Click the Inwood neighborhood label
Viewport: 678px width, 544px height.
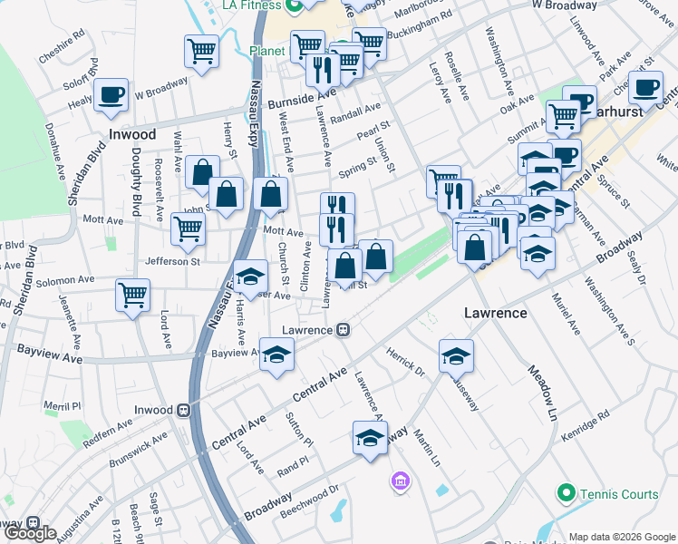pos(132,134)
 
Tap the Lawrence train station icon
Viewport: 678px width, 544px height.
pos(344,330)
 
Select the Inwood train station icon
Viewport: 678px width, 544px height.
pos(184,410)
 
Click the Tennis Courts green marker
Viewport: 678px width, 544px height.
pos(567,493)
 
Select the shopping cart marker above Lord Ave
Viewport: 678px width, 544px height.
pos(132,295)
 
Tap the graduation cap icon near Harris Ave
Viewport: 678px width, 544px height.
pos(250,276)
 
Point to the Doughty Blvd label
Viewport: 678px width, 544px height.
pos(137,181)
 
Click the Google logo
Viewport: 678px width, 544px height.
pos(30,533)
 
